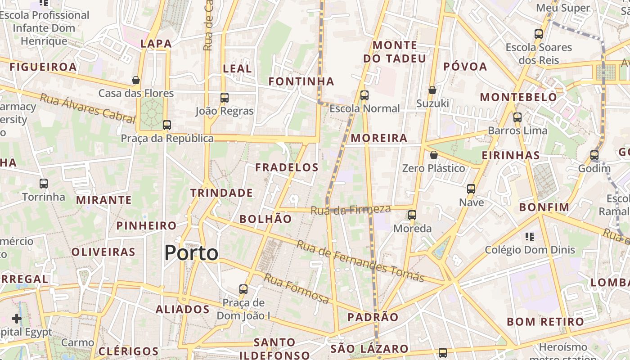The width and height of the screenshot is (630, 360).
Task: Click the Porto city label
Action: pyautogui.click(x=191, y=253)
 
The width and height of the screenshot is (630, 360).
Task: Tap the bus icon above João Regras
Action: pyautogui.click(x=224, y=98)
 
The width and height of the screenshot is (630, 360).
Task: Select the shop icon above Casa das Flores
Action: pyautogui.click(x=136, y=81)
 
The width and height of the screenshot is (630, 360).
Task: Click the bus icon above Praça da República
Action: pyautogui.click(x=167, y=125)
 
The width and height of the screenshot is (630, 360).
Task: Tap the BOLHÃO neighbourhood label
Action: pyautogui.click(x=265, y=219)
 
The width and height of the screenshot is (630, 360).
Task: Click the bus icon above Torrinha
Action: pyautogui.click(x=44, y=184)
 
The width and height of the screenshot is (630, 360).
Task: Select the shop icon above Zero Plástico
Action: pyautogui.click(x=433, y=155)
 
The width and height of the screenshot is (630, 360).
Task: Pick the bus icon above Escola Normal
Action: pyautogui.click(x=364, y=95)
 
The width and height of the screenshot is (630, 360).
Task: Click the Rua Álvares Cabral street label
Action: pyautogui.click(x=87, y=108)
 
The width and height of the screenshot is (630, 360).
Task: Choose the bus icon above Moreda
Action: pyautogui.click(x=412, y=215)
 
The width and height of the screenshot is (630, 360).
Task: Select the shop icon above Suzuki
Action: pyautogui.click(x=432, y=90)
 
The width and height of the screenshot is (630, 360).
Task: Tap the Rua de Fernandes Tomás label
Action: pyautogui.click(x=360, y=261)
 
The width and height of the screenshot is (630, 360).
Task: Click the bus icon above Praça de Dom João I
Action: pyautogui.click(x=243, y=289)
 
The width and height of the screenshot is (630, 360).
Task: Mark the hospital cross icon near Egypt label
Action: pyautogui.click(x=17, y=319)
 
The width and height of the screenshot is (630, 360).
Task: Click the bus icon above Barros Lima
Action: pyautogui.click(x=517, y=117)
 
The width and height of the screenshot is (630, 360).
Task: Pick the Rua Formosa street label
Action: pyautogui.click(x=296, y=288)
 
